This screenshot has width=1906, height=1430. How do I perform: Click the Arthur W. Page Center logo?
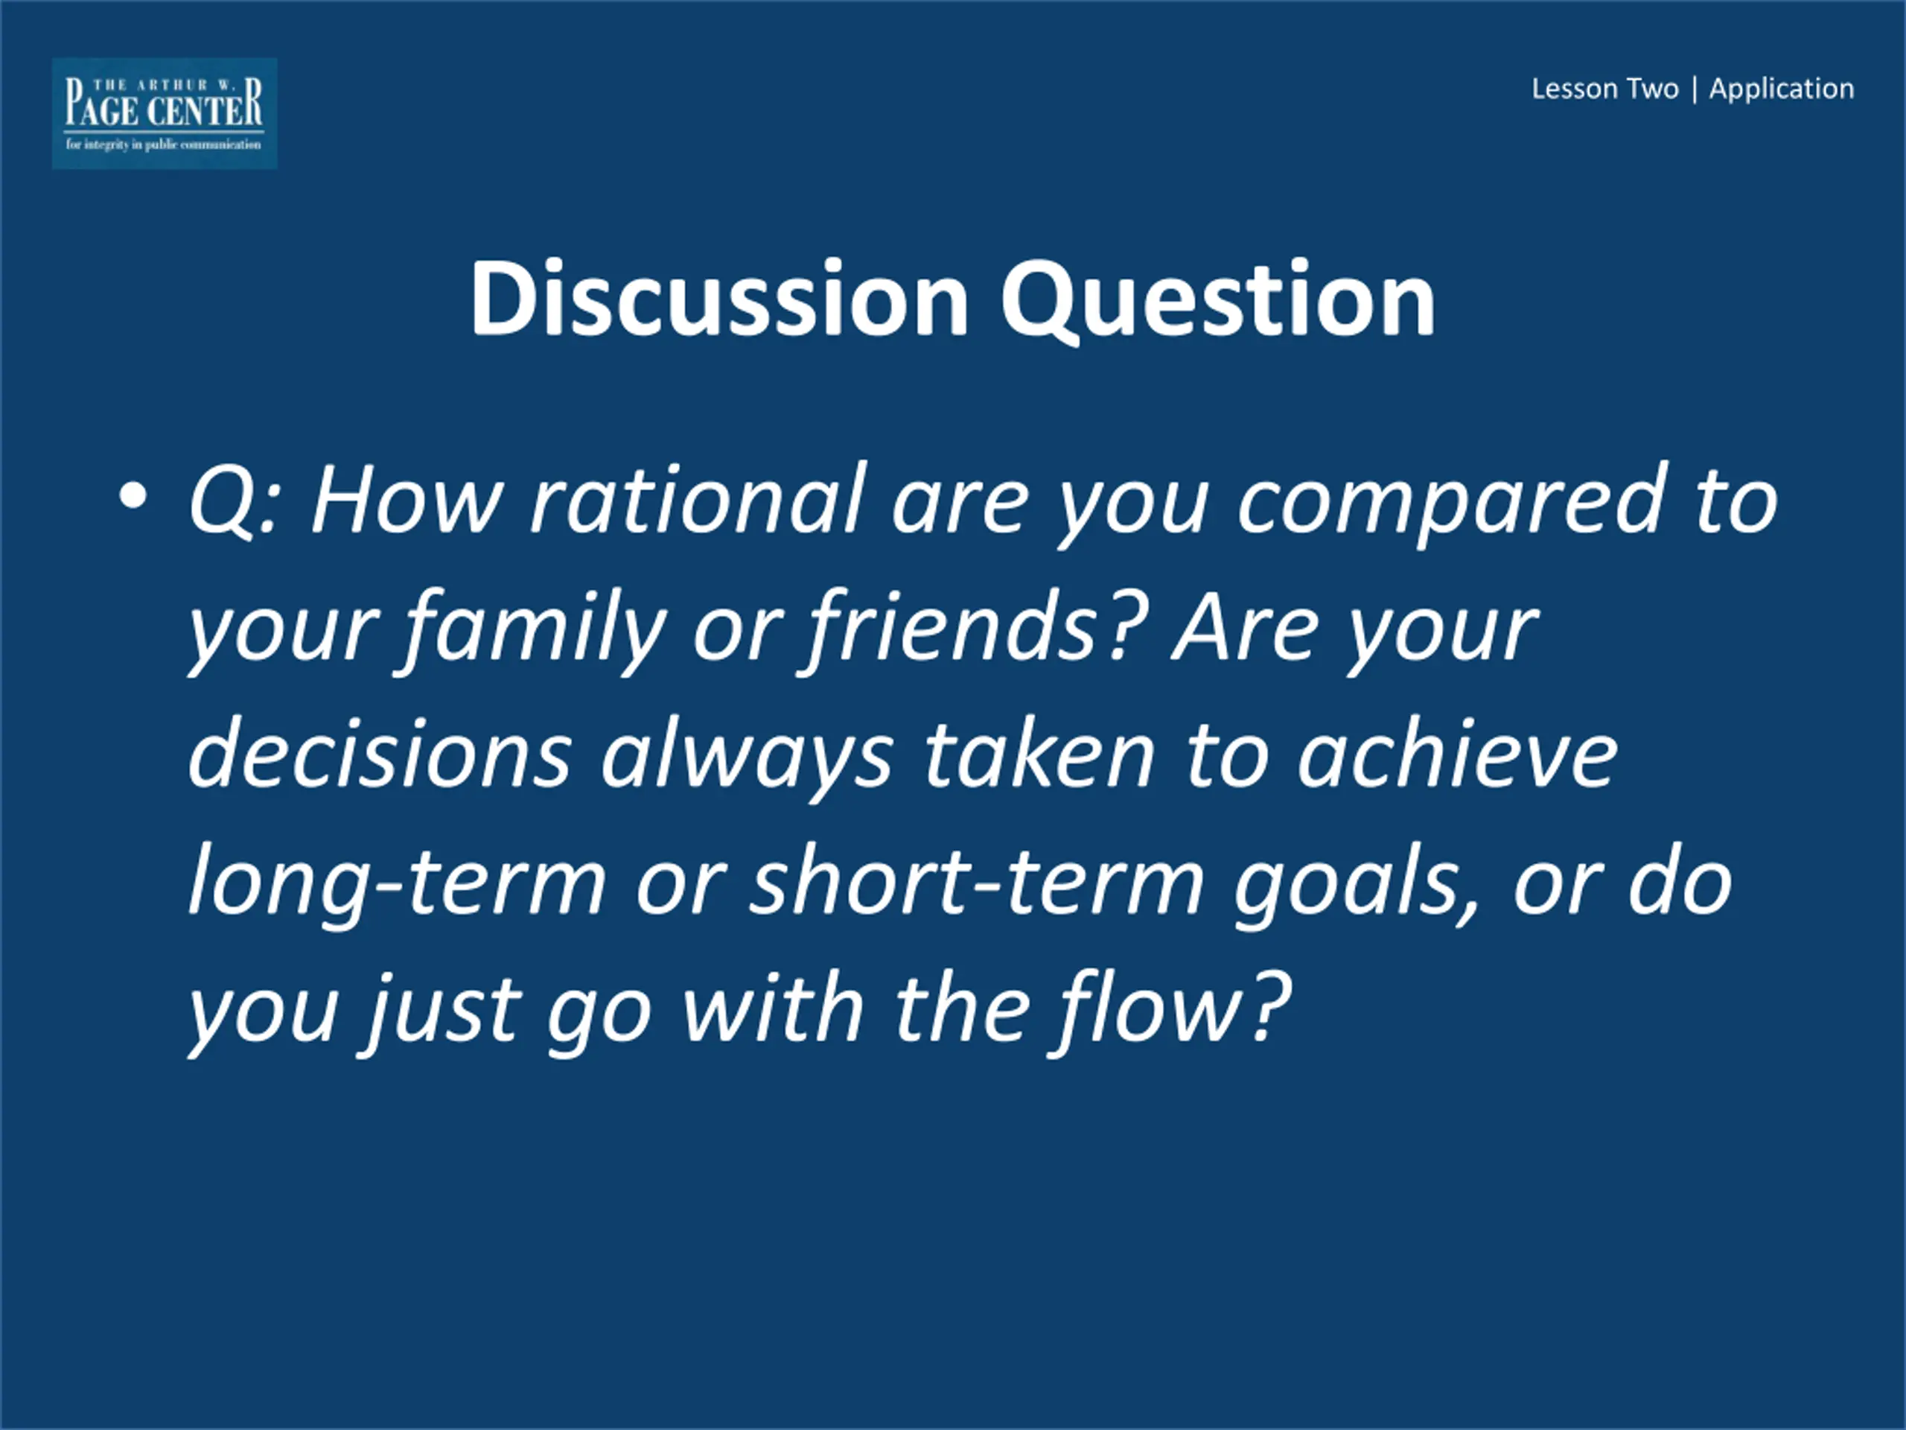pyautogui.click(x=165, y=113)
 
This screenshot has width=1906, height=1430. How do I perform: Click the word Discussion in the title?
pyautogui.click(x=719, y=298)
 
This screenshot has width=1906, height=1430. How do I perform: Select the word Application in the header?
pyautogui.click(x=1781, y=89)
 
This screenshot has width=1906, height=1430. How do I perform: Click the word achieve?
pyautogui.click(x=1458, y=754)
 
